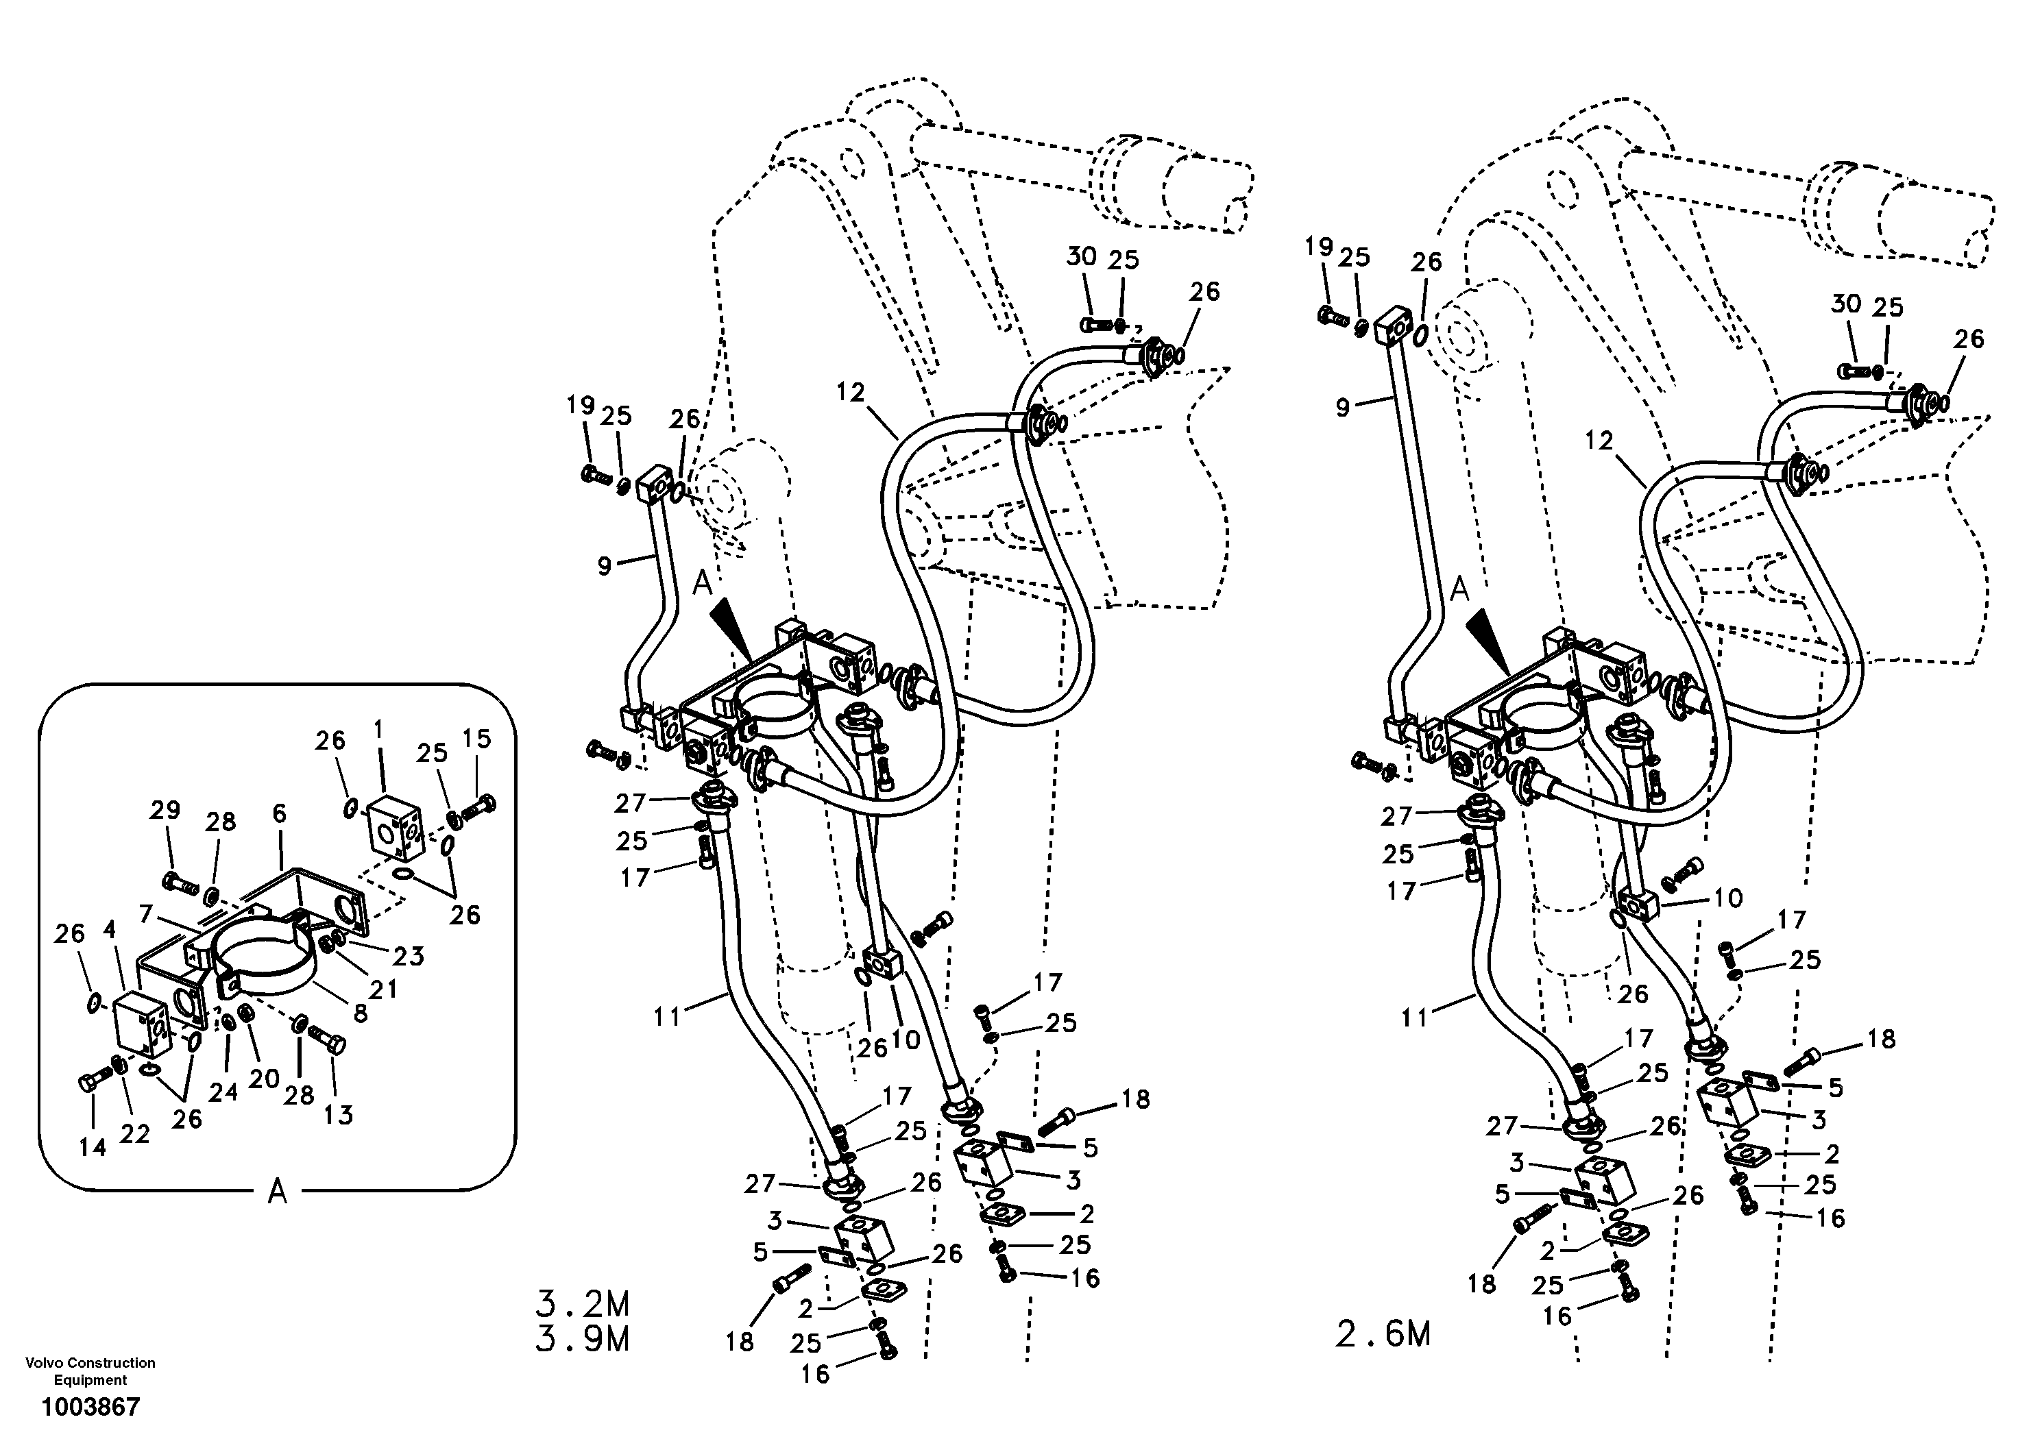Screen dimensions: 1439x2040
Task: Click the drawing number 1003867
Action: click(90, 1407)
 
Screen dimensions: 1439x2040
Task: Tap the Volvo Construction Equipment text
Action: click(90, 1370)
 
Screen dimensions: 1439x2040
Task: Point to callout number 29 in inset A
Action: click(165, 809)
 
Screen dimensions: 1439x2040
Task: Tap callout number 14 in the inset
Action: click(93, 1148)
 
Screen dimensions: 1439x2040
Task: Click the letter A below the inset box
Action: click(277, 1193)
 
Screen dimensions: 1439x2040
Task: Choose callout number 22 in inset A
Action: click(135, 1134)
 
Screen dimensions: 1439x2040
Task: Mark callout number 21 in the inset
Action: click(383, 987)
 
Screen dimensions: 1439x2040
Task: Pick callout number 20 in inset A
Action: click(264, 1079)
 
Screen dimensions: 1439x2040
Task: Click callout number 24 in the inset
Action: click(223, 1091)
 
